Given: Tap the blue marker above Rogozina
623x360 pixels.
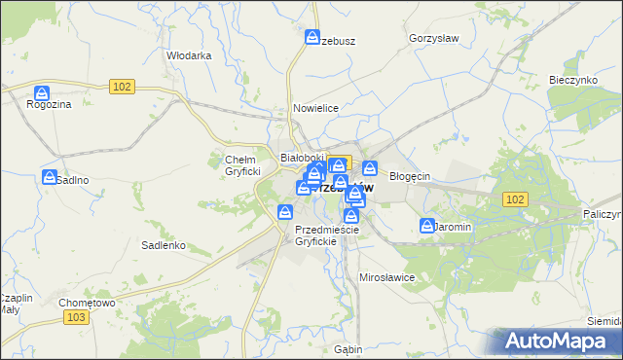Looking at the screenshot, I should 42,93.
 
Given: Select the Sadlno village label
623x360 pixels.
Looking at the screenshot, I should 72,180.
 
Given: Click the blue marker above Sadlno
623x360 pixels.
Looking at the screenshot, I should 50,177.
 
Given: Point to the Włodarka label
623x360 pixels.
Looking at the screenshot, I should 189,55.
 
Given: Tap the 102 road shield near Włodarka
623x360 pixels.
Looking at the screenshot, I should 122,87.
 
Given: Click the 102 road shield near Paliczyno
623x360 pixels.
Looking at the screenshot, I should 516,198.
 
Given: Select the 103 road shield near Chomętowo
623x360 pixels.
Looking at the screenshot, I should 75,317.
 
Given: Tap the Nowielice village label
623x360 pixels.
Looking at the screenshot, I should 314,108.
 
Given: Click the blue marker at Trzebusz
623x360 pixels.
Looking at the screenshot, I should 312,38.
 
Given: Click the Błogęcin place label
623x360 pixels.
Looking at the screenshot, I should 409,176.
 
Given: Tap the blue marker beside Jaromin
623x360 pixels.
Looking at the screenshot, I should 427,226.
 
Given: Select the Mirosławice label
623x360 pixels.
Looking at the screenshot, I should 387,277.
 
